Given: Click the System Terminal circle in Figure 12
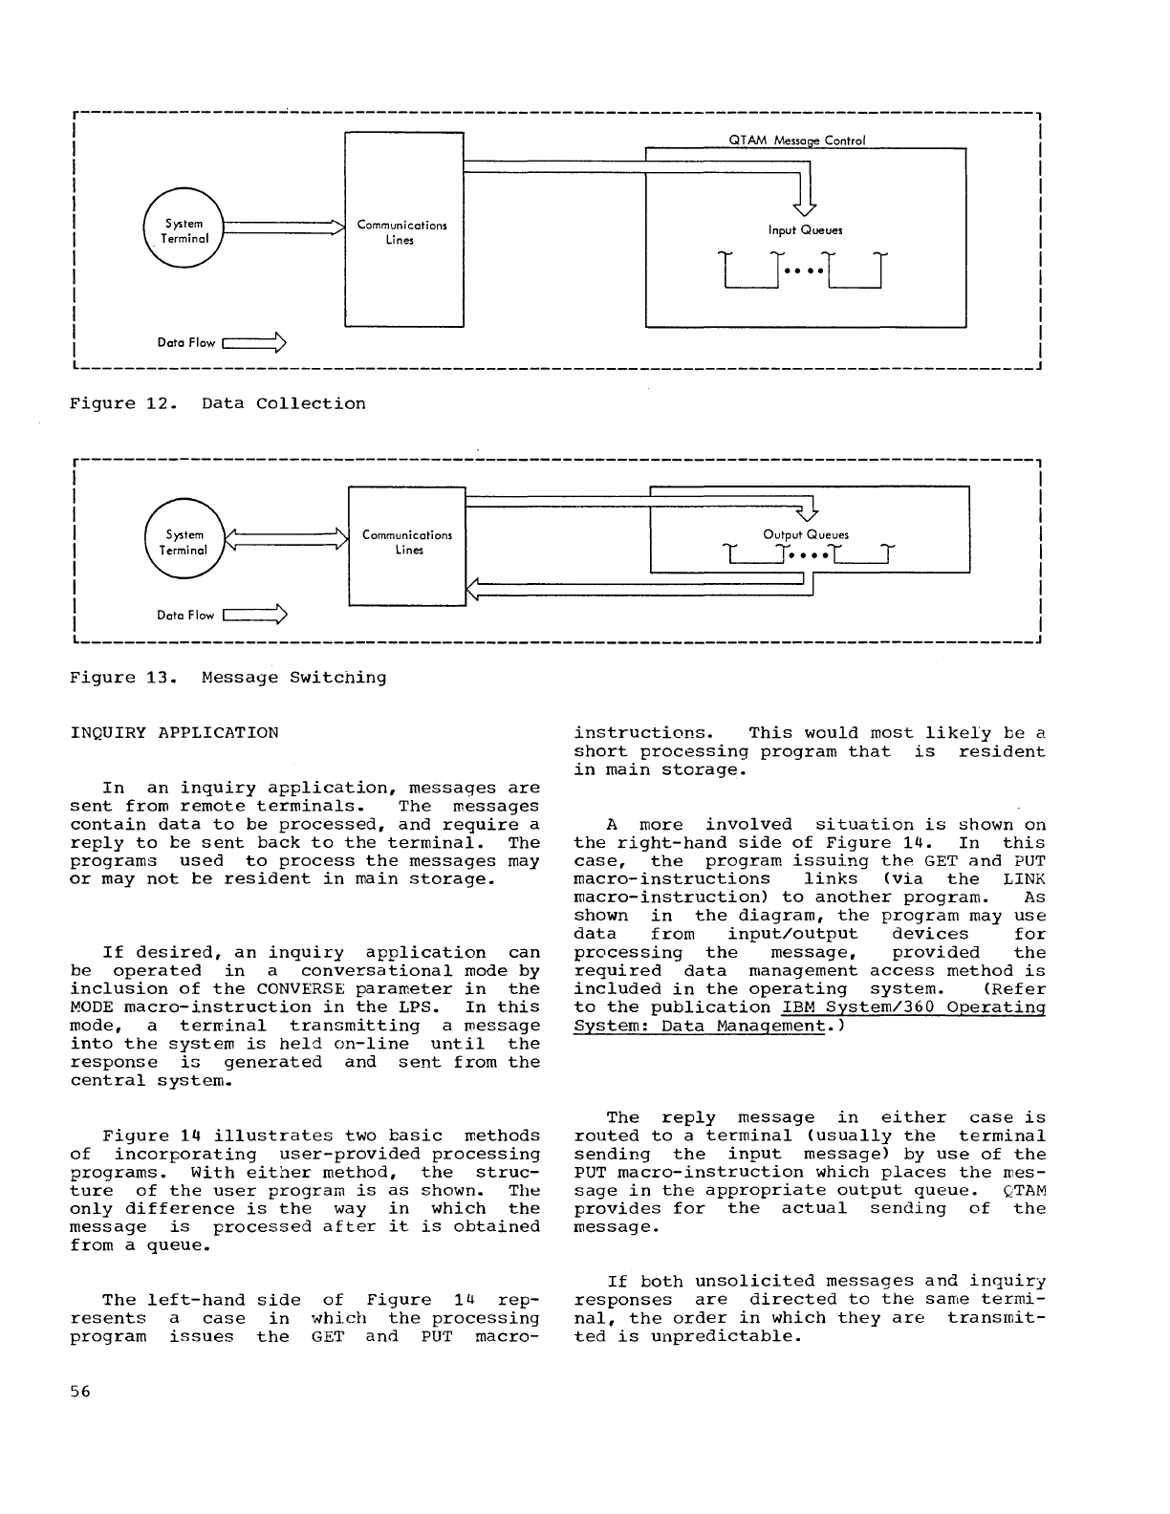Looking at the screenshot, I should (x=184, y=230).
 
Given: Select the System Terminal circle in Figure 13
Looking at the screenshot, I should (x=184, y=542).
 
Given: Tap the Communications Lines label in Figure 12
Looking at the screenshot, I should (x=401, y=232).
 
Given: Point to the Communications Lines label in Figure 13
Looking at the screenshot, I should (x=407, y=542).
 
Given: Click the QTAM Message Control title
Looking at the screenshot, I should (x=796, y=141).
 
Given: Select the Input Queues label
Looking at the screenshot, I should (x=805, y=229).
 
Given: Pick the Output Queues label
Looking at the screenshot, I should (x=805, y=535).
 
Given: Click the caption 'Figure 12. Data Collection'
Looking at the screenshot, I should (x=218, y=403).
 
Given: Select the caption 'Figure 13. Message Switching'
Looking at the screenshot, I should (x=228, y=678).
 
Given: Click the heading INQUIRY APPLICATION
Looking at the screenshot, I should (x=175, y=733).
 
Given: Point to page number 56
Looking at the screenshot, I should (x=79, y=1392).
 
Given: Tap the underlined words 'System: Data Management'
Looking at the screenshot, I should (x=699, y=1026).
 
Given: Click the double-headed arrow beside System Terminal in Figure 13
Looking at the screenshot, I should (x=284, y=542).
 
